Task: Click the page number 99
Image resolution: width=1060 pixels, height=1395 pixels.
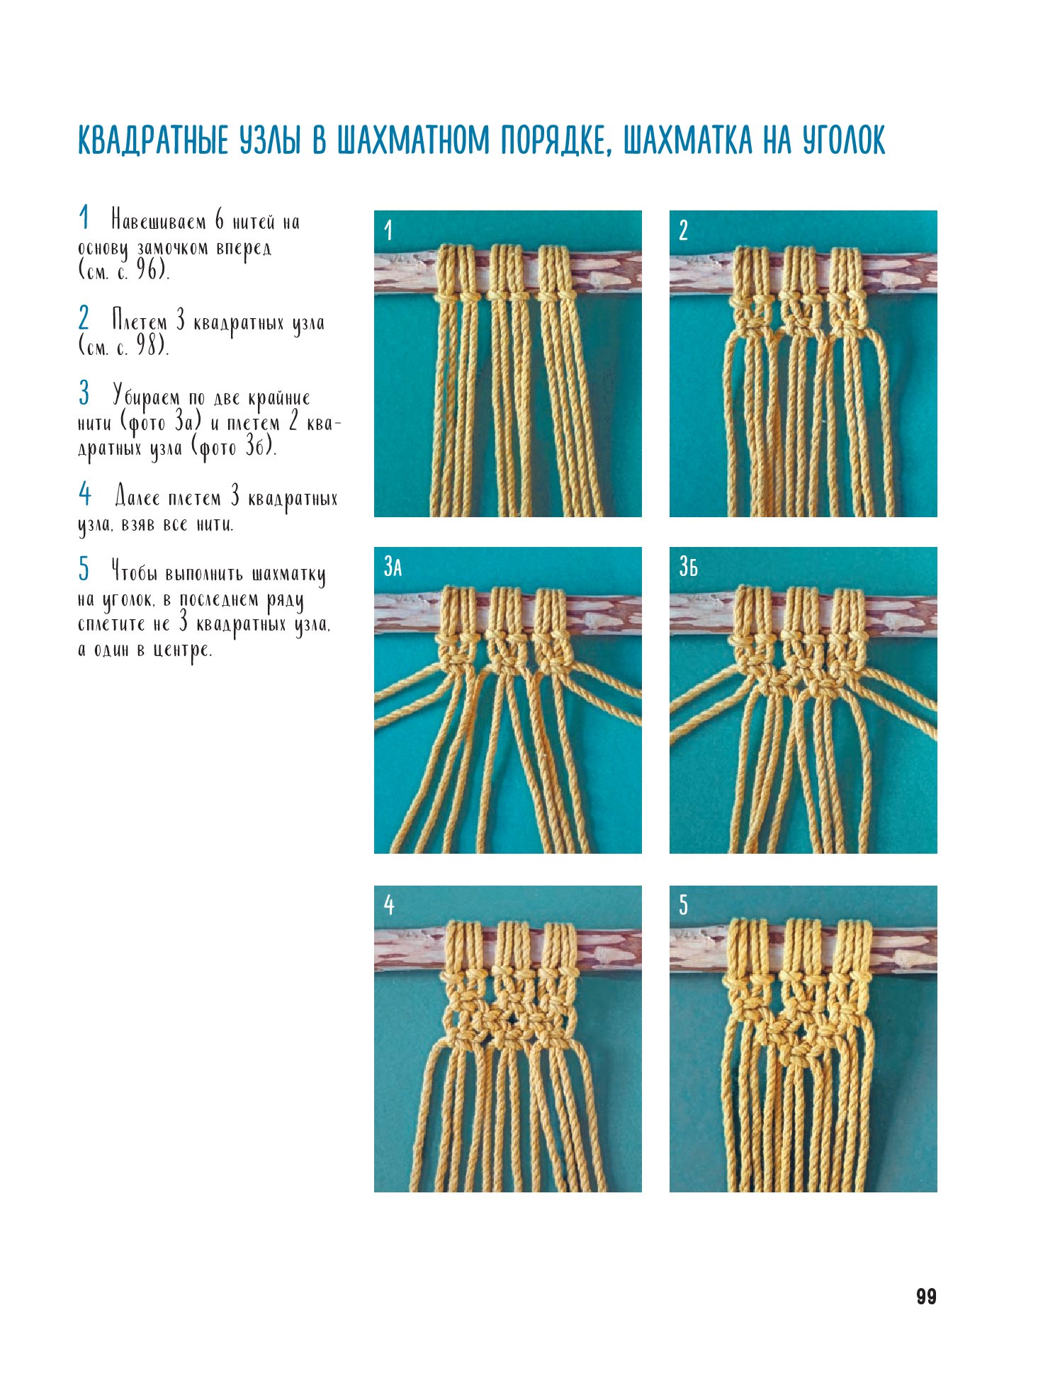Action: pyautogui.click(x=926, y=1297)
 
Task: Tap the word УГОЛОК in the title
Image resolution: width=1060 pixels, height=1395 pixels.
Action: pyautogui.click(x=844, y=140)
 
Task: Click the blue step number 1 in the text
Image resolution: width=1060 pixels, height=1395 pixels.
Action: pyautogui.click(x=84, y=218)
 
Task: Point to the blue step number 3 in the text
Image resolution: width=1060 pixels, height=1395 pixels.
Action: pyautogui.click(x=84, y=392)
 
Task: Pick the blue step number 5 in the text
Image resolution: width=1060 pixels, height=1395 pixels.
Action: pyautogui.click(x=84, y=568)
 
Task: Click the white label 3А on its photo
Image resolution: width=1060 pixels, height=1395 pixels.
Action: pyautogui.click(x=393, y=566)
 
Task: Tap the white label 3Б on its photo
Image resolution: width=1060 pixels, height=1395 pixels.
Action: pyautogui.click(x=688, y=566)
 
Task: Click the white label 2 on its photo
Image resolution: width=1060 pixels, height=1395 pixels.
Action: pyautogui.click(x=683, y=230)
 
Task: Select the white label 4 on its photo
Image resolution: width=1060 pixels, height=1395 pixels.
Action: pyautogui.click(x=388, y=904)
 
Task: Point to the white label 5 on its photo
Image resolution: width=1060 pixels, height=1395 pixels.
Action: pyautogui.click(x=683, y=905)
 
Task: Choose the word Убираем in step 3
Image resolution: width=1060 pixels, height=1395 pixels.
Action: pyautogui.click(x=146, y=397)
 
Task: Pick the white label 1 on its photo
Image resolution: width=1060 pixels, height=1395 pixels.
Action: pyautogui.click(x=388, y=230)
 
